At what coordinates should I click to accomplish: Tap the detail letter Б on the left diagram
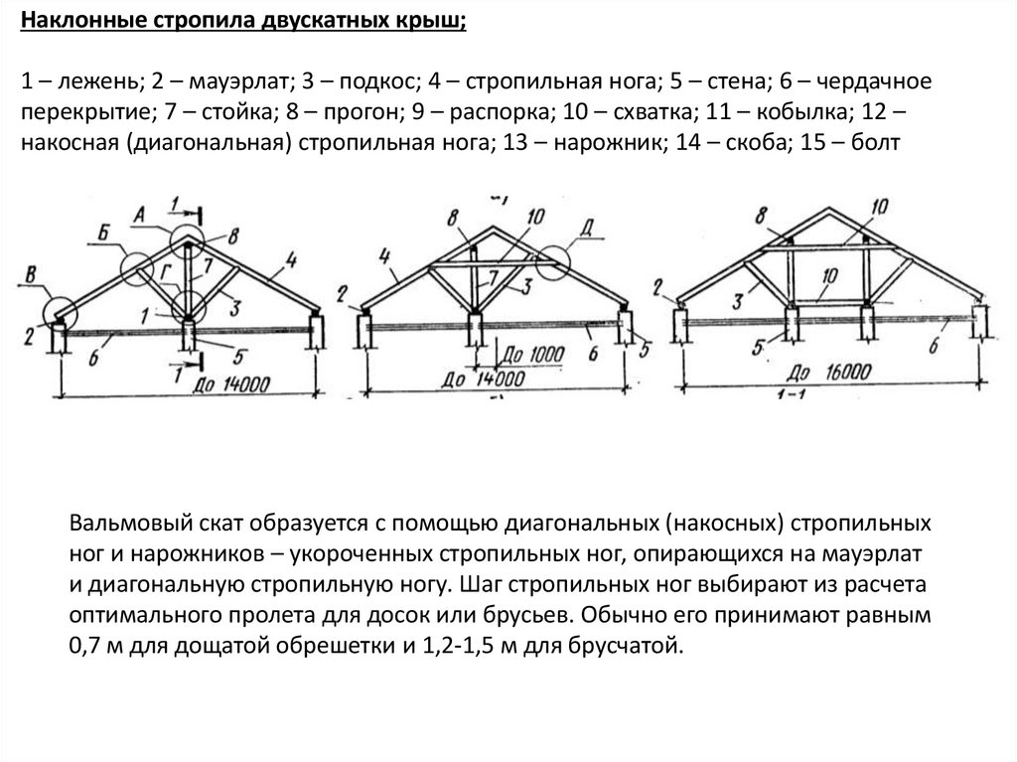tap(102, 235)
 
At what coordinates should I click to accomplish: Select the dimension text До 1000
tap(533, 355)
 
